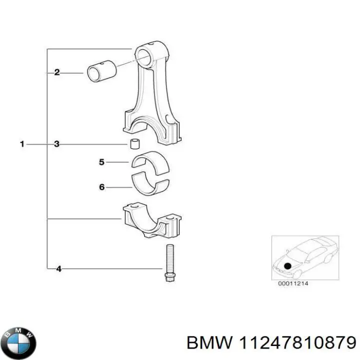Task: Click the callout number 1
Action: point(22,144)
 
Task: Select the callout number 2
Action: point(57,72)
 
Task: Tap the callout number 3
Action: point(57,144)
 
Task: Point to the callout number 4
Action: point(58,269)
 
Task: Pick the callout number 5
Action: point(101,162)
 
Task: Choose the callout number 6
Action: point(101,187)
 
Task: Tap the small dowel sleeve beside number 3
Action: point(134,144)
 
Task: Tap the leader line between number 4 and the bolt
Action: point(110,269)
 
